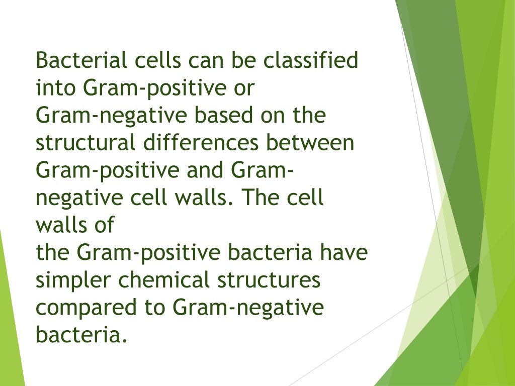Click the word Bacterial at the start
[x=81, y=60]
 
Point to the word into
[x=55, y=87]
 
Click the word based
[x=223, y=115]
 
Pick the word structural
[x=85, y=143]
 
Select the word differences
[x=201, y=143]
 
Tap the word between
[x=310, y=143]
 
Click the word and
[x=205, y=170]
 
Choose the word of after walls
[x=105, y=225]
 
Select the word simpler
[x=73, y=280]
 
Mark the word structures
[x=269, y=280]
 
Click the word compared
[x=86, y=308]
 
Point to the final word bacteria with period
[x=81, y=335]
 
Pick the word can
[x=206, y=60]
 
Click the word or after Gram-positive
[x=244, y=87]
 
